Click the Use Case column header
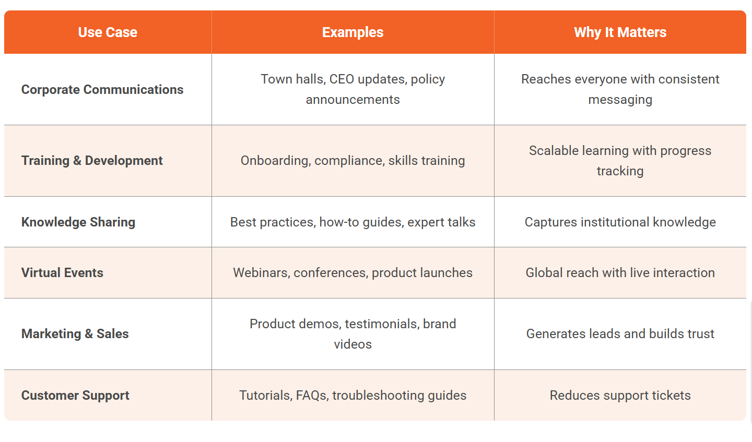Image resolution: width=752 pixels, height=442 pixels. coord(108,32)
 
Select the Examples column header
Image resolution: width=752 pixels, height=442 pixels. coord(352,32)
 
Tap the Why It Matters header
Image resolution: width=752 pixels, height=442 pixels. coord(620,32)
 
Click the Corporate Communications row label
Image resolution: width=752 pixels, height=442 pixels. coord(102,90)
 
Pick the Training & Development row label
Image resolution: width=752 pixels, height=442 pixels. coord(92,161)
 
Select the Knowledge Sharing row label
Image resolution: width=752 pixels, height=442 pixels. coord(78,222)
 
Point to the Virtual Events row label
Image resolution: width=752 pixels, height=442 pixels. coord(62,273)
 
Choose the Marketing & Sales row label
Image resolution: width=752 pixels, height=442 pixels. coord(75,334)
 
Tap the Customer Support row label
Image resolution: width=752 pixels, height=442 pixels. coord(75,396)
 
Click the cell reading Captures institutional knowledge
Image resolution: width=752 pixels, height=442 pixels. coord(620,222)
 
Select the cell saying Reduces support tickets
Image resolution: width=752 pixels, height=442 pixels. coord(620,396)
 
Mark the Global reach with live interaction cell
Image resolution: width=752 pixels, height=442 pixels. coord(620,273)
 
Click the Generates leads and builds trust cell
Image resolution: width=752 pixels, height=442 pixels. coord(620,334)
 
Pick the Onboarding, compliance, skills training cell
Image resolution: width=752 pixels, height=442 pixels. coord(352,161)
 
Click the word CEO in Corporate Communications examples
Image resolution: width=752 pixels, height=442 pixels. coord(342,79)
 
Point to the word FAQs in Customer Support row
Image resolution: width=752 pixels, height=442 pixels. coord(312,396)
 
